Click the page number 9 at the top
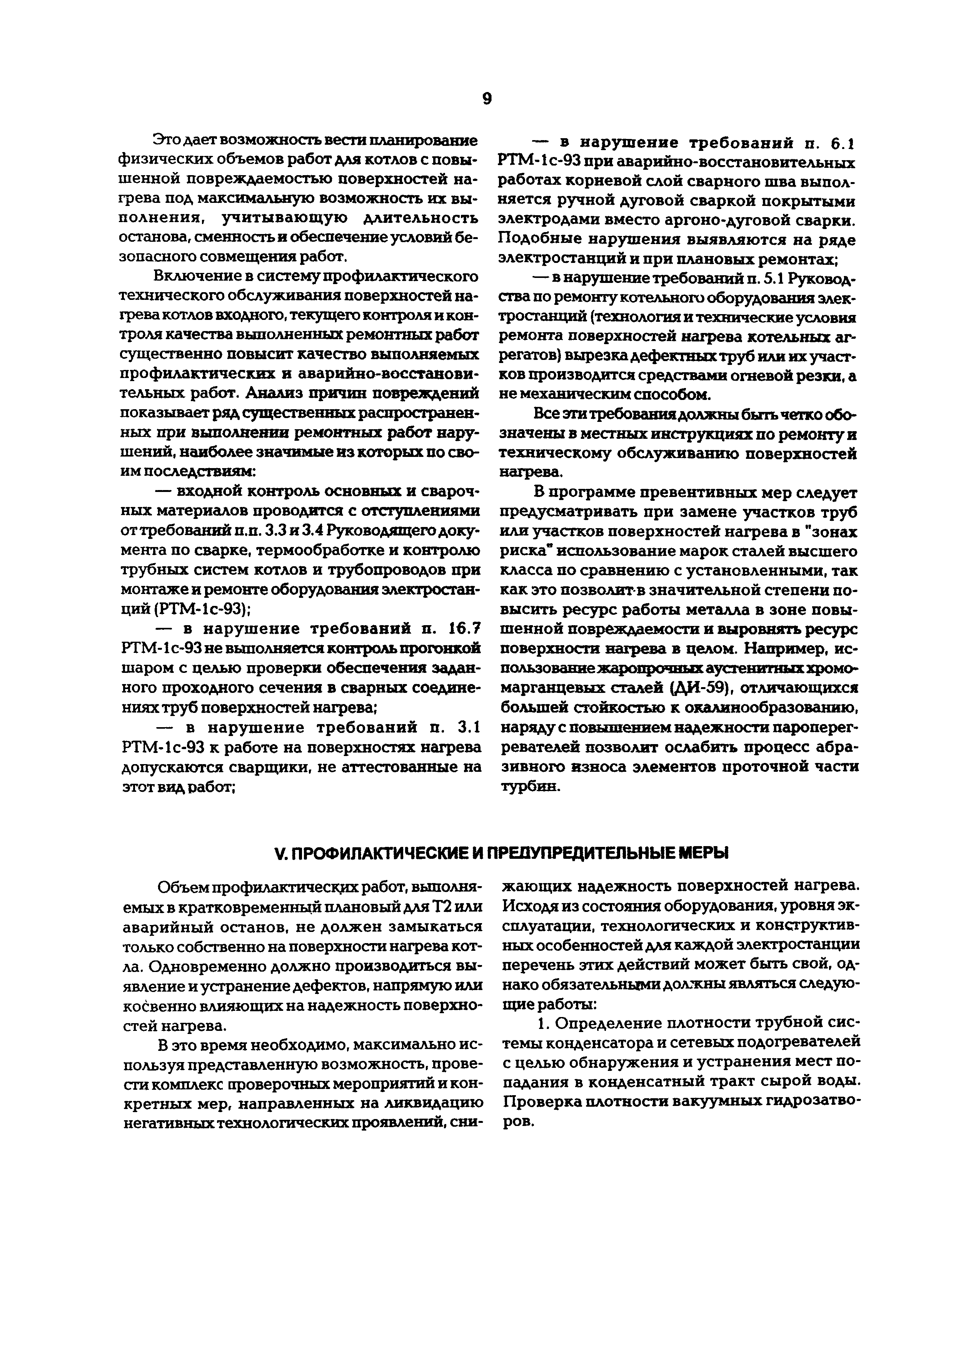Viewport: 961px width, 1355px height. pyautogui.click(x=486, y=99)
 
